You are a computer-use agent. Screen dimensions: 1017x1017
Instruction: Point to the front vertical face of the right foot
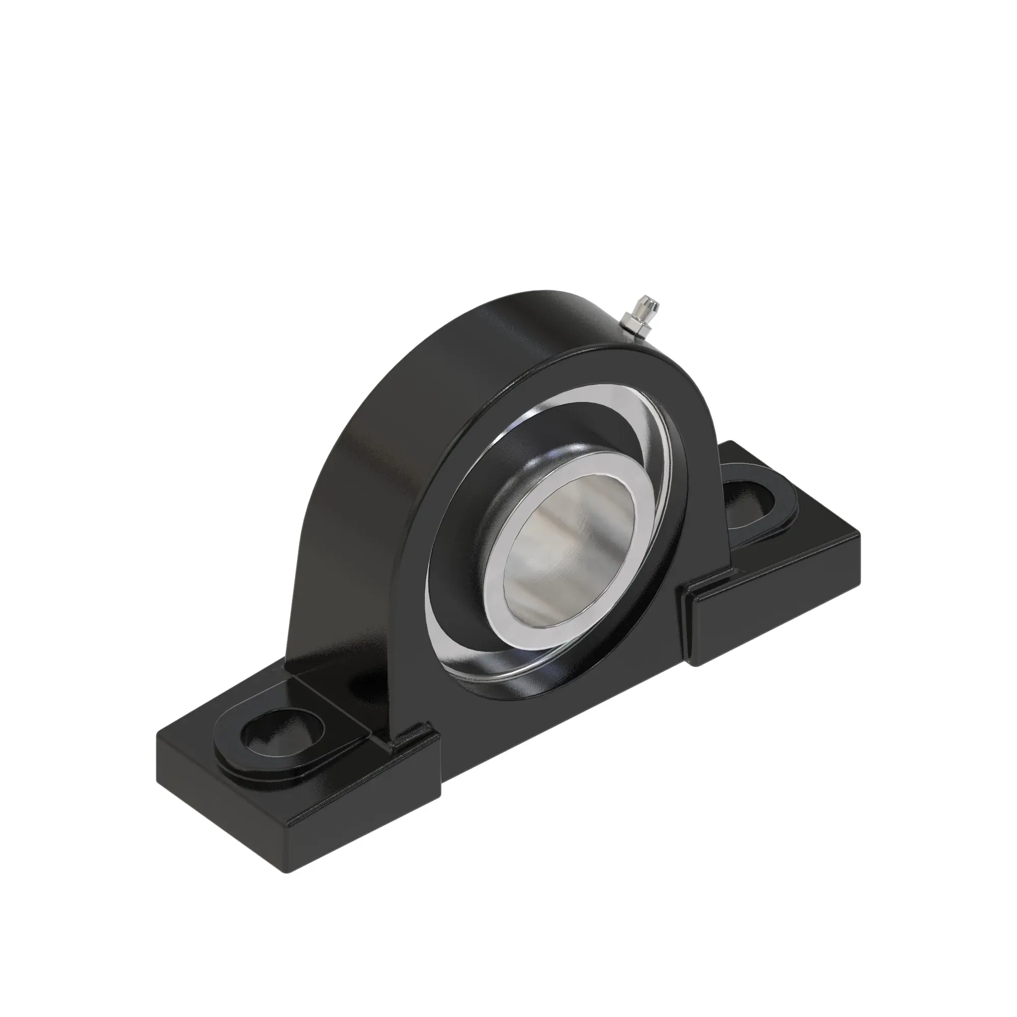click(x=774, y=616)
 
